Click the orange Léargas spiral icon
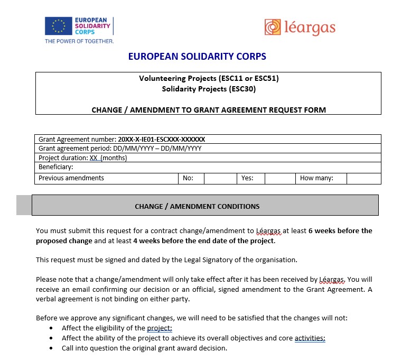273,27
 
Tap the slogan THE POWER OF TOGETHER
79,41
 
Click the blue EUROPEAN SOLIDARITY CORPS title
197,57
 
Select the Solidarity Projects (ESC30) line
208,89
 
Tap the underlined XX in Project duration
94,158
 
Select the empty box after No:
219,178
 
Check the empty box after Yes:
279,178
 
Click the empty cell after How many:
363,178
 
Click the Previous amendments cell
71,178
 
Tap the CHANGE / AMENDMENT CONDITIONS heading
197,206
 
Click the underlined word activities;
310,338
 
